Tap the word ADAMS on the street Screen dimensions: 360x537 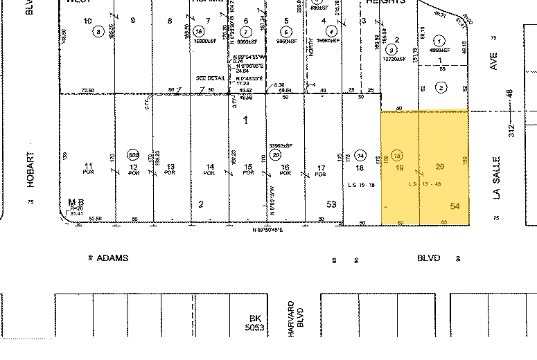(x=112, y=258)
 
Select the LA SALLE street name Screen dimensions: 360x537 (x=495, y=177)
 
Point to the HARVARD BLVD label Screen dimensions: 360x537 (x=296, y=319)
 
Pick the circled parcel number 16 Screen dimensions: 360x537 (x=200, y=31)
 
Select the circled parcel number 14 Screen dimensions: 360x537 (x=360, y=154)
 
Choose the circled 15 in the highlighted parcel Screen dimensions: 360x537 (x=398, y=154)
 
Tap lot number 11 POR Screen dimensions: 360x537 (x=88, y=168)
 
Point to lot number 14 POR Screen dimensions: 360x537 (x=209, y=168)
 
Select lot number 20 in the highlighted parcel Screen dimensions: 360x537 (x=439, y=167)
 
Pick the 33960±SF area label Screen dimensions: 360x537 (x=281, y=145)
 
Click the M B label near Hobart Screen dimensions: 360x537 (x=72, y=202)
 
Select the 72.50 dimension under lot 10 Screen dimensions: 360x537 (x=87, y=90)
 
